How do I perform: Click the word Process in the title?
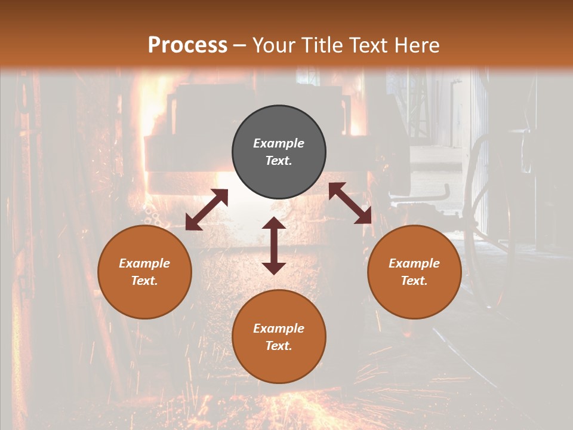click(x=187, y=45)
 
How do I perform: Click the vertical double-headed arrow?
click(x=274, y=245)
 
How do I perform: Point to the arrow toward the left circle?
click(x=207, y=210)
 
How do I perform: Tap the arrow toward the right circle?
click(x=350, y=203)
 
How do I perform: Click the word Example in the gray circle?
click(x=279, y=143)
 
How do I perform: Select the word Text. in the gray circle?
click(x=279, y=161)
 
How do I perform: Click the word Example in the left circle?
click(x=144, y=263)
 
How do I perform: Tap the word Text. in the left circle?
click(x=144, y=281)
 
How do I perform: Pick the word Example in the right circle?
click(x=414, y=263)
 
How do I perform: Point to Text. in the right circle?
click(x=414, y=281)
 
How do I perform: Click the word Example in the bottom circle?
click(x=279, y=328)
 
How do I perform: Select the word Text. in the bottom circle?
click(x=279, y=346)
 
